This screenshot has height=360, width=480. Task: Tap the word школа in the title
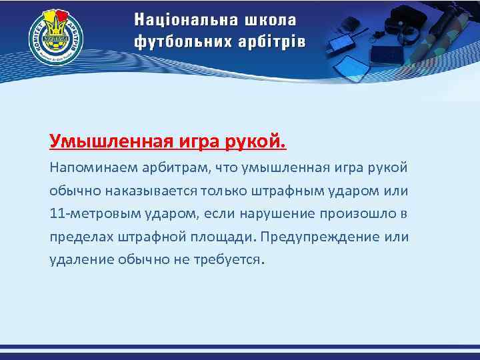click(x=272, y=19)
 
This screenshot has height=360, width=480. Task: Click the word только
click(x=224, y=191)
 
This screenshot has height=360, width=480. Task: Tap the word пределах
click(x=78, y=237)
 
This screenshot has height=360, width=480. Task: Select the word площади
click(x=225, y=237)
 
